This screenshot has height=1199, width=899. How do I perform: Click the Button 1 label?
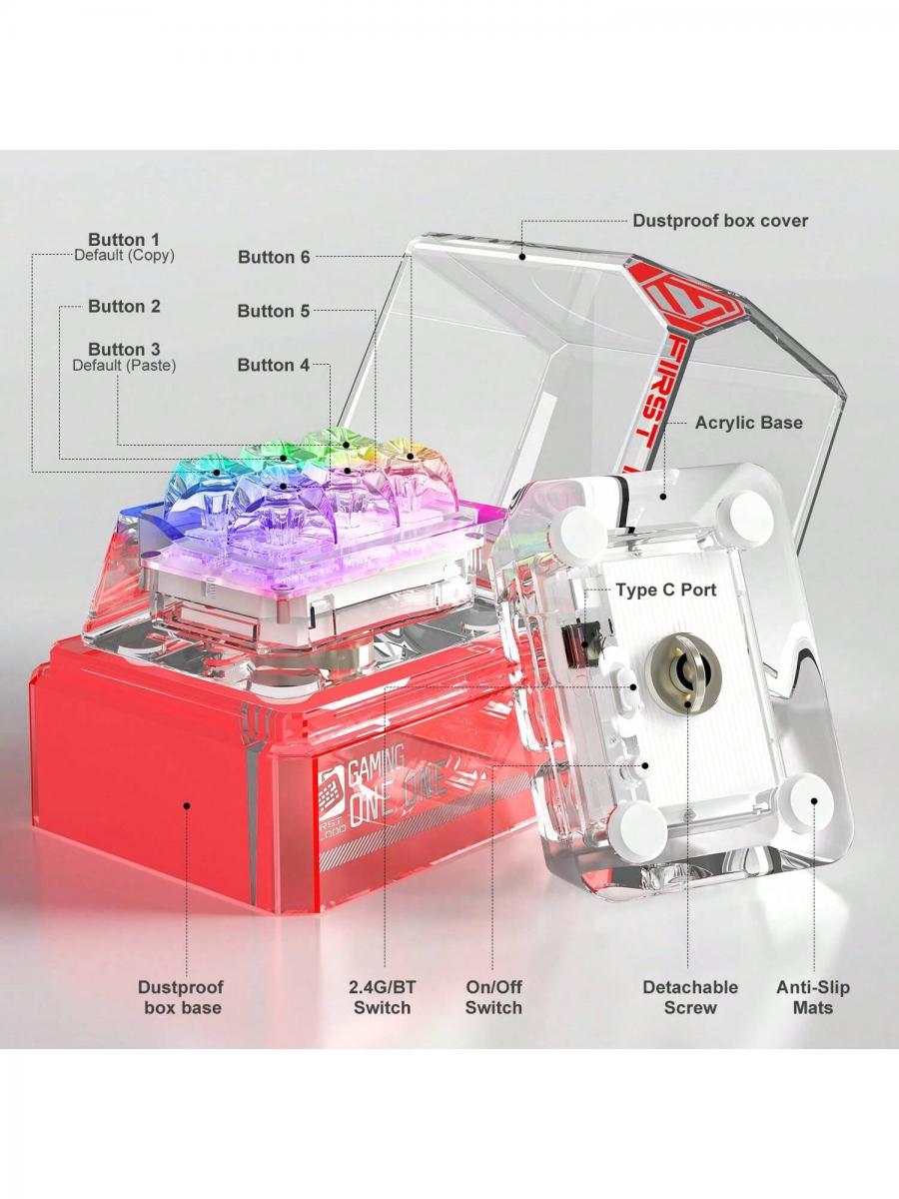pyautogui.click(x=124, y=240)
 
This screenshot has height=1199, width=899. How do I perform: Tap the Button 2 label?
pyautogui.click(x=125, y=306)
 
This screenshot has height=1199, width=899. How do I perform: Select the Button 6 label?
pyautogui.click(x=274, y=257)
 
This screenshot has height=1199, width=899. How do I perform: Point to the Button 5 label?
pyautogui.click(x=274, y=311)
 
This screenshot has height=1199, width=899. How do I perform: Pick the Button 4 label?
pyautogui.click(x=274, y=365)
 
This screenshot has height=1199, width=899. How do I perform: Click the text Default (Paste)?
pyautogui.click(x=125, y=366)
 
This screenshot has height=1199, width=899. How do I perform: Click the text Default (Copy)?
pyautogui.click(x=125, y=255)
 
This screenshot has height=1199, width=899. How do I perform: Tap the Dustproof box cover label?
pyautogui.click(x=720, y=221)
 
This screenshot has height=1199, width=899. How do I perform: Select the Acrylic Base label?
pyautogui.click(x=749, y=423)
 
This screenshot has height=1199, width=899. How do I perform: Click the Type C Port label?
pyautogui.click(x=666, y=590)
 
